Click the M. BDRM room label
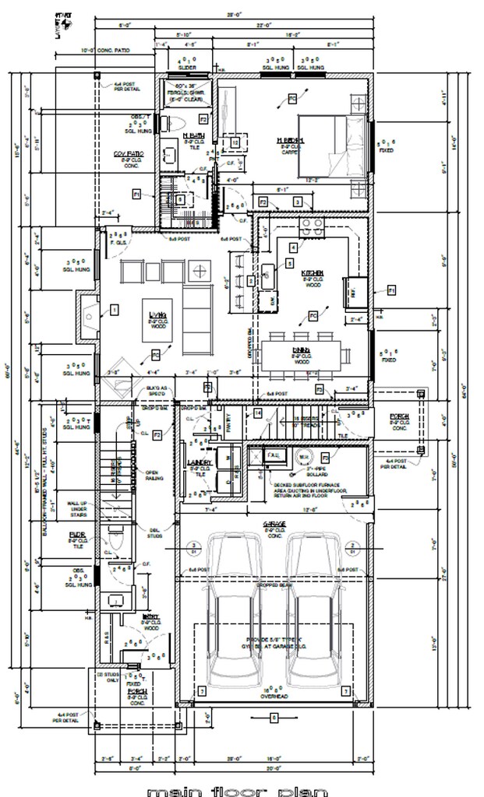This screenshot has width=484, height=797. pyautogui.click(x=291, y=140)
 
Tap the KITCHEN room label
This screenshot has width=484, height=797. pyautogui.click(x=313, y=273)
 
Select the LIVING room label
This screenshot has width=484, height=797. pyautogui.click(x=157, y=314)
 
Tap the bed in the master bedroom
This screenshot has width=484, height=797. pyautogui.click(x=330, y=153)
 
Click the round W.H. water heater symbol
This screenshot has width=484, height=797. pyautogui.click(x=305, y=457)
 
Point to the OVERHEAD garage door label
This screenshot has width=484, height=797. pyautogui.click(x=274, y=697)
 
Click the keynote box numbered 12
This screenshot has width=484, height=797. pyautogui.click(x=234, y=142)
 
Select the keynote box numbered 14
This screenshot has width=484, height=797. pyautogui.click(x=258, y=413)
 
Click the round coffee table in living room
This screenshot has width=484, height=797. pyautogui.click(x=201, y=271)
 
